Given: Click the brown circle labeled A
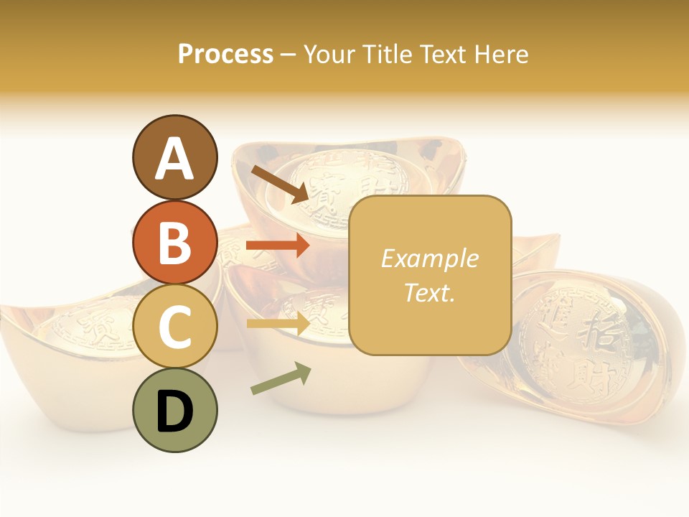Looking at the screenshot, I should [174, 157].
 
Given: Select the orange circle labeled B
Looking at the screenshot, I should [174, 242].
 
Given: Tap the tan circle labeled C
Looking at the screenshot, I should [174, 326].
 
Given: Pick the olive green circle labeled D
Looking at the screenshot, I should [174, 410].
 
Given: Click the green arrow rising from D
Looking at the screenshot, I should [281, 378].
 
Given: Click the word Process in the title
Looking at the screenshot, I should [225, 54].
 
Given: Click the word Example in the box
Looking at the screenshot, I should [429, 258].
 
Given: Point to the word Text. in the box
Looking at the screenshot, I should [429, 292].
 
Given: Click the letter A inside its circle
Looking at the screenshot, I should [174, 159].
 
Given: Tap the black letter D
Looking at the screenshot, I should [174, 411].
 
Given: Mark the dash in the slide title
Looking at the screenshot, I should [289, 55].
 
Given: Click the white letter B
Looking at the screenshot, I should [174, 243].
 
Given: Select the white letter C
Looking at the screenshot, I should [174, 327].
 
